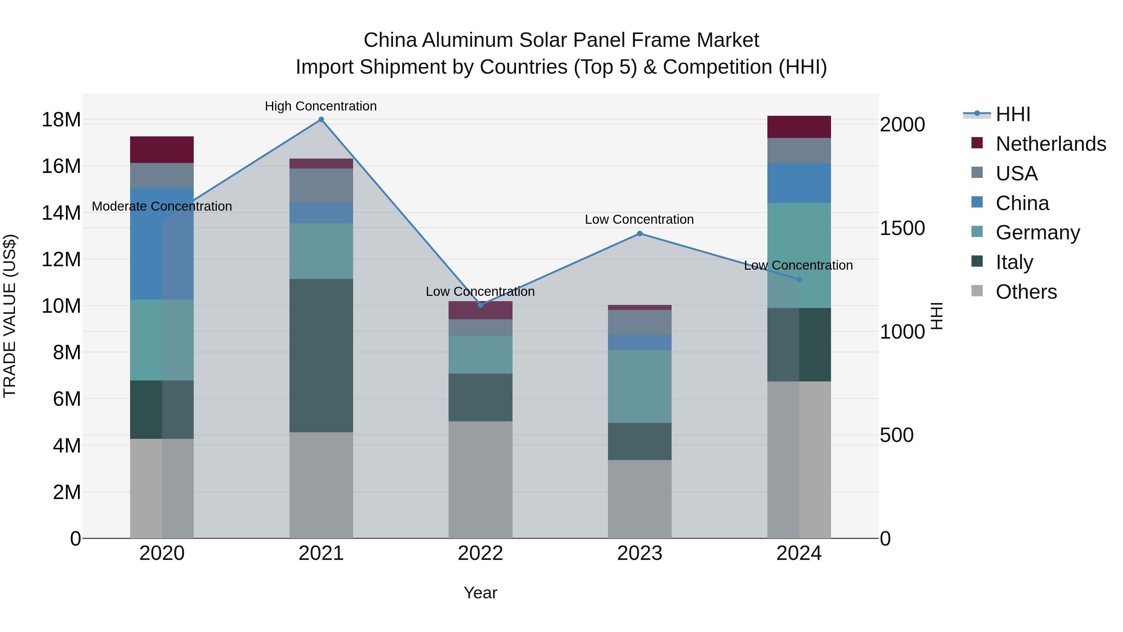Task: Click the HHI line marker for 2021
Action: click(321, 120)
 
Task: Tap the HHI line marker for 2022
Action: click(480, 305)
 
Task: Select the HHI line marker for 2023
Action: click(639, 233)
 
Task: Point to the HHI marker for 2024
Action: click(799, 279)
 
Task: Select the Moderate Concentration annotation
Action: click(162, 206)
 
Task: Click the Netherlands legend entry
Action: click(1051, 144)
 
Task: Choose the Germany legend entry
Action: click(1038, 233)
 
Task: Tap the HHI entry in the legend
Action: click(1013, 114)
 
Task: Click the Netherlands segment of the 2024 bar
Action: click(799, 127)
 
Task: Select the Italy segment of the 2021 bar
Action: click(321, 355)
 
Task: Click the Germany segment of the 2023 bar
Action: click(639, 386)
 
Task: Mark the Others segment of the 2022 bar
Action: click(480, 479)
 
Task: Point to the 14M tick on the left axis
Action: click(61, 213)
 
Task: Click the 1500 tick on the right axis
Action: click(902, 228)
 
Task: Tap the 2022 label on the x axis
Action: click(480, 553)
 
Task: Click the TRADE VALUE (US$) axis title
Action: click(10, 316)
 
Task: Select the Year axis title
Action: click(480, 593)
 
